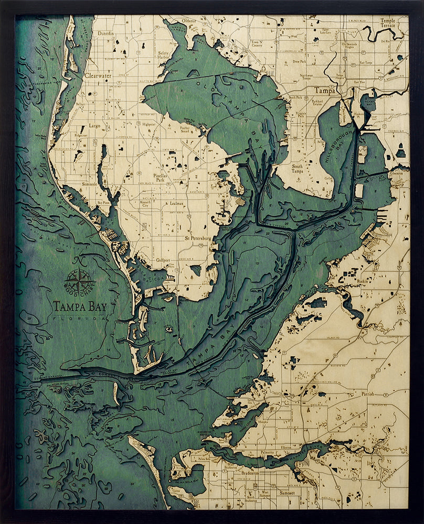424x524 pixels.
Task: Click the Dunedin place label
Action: tap(105, 32)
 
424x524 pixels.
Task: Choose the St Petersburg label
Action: tap(197, 238)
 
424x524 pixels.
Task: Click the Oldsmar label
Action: tap(188, 21)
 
